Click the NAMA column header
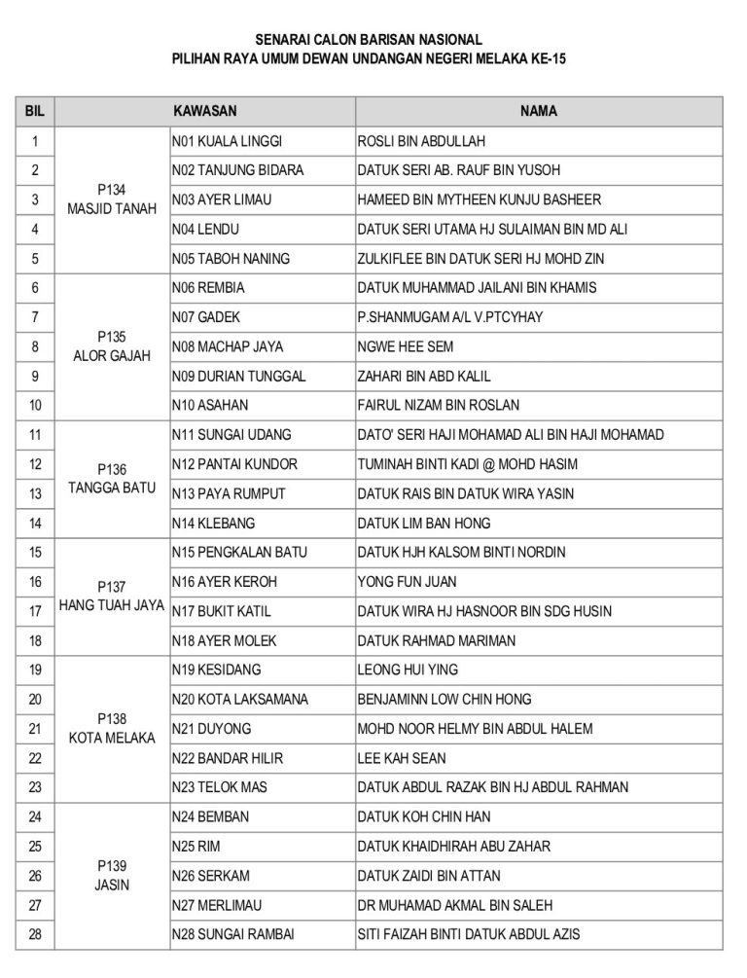(x=538, y=111)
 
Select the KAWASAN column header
(x=205, y=111)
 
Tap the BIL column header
(x=35, y=111)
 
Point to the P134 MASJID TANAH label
(x=112, y=199)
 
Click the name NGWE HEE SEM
(x=406, y=346)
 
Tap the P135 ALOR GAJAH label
(x=112, y=346)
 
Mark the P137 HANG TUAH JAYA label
(x=112, y=597)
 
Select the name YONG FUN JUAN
(x=408, y=582)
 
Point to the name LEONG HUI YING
(x=408, y=670)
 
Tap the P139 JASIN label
(x=112, y=876)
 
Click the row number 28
(x=35, y=934)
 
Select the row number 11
(x=35, y=435)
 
